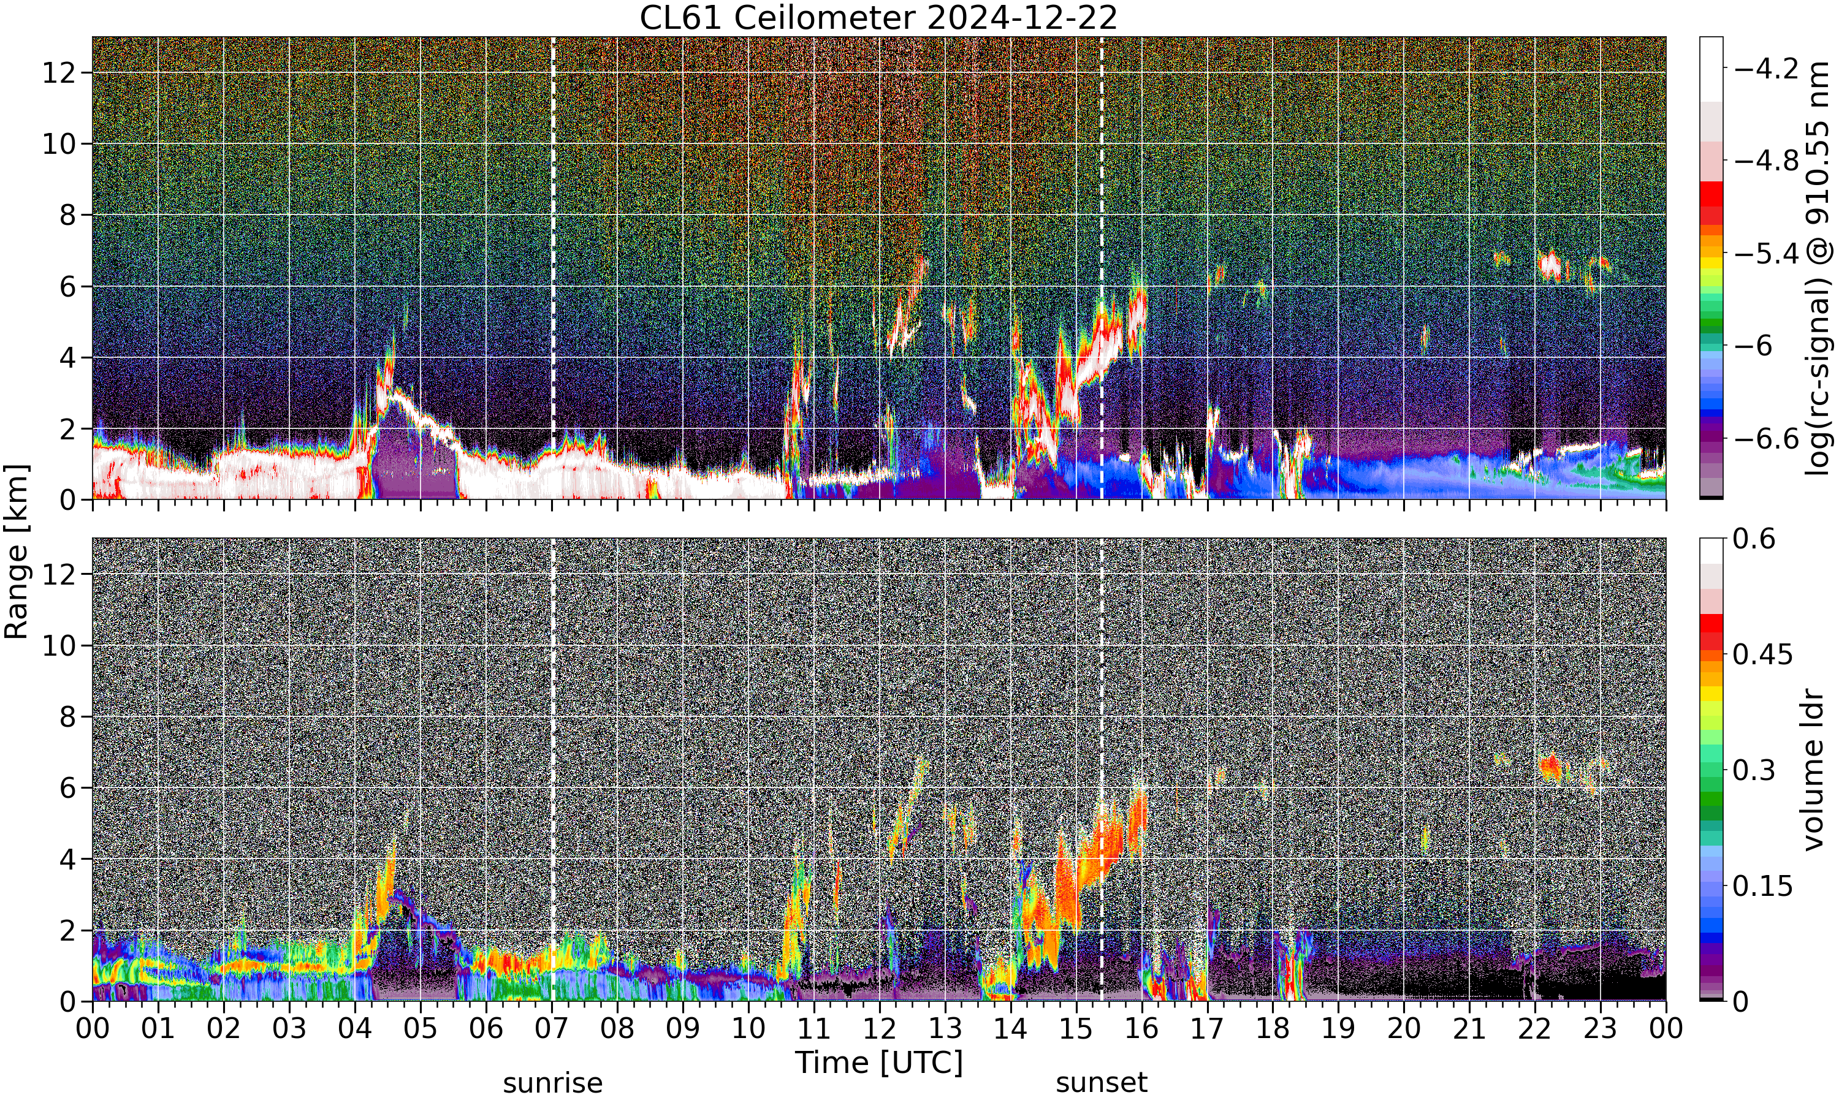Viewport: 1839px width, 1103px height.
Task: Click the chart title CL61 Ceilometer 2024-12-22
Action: [878, 18]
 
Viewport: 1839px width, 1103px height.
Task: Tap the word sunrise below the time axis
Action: [552, 1083]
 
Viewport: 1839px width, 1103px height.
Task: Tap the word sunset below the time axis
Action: [1102, 1083]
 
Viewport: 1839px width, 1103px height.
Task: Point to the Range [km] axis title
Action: [17, 551]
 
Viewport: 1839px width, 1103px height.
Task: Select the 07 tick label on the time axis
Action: [552, 1029]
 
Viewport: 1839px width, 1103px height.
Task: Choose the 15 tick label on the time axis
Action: [1076, 1029]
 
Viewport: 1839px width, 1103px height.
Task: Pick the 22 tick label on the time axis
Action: [1534, 1029]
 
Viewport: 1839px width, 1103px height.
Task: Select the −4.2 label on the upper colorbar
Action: [1766, 69]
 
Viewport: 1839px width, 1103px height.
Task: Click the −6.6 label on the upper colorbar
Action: [1766, 439]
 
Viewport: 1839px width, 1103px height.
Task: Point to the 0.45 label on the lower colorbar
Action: [1762, 655]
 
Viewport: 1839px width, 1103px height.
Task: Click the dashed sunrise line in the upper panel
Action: [552, 268]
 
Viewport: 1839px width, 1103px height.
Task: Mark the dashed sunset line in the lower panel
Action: [1102, 770]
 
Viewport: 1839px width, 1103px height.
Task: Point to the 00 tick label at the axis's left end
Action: [92, 1029]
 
